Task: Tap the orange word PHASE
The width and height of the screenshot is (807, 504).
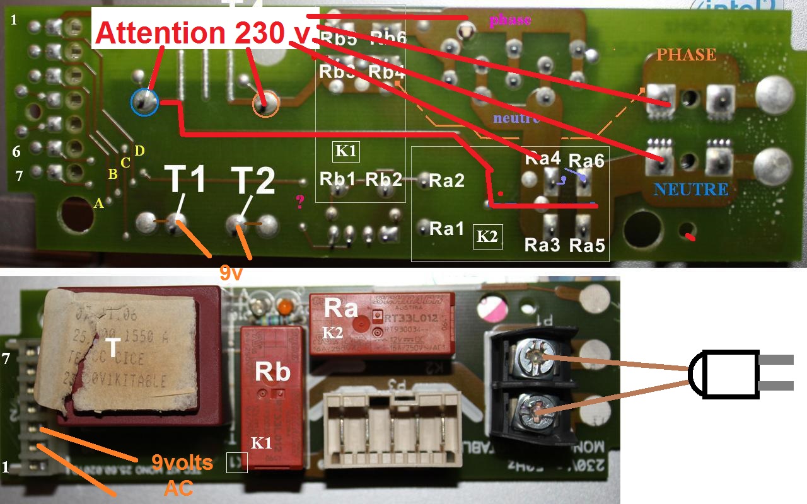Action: pyautogui.click(x=686, y=54)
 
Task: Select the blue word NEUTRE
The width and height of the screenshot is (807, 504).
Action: pyautogui.click(x=691, y=189)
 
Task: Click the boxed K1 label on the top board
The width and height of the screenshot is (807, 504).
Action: pyautogui.click(x=346, y=151)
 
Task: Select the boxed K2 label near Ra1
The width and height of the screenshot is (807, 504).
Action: pyautogui.click(x=488, y=237)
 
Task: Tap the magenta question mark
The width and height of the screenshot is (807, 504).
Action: pyautogui.click(x=300, y=202)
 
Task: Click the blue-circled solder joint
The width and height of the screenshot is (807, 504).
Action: pyautogui.click(x=145, y=101)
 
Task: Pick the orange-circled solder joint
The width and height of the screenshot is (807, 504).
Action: pyautogui.click(x=265, y=104)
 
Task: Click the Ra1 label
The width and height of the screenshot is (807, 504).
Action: pyautogui.click(x=446, y=229)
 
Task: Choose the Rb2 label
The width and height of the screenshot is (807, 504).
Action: pyautogui.click(x=384, y=179)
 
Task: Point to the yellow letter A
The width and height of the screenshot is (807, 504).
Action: pyautogui.click(x=98, y=203)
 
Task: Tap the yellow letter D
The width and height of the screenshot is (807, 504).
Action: pyautogui.click(x=139, y=150)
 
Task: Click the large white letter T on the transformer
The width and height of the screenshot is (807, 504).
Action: pyautogui.click(x=112, y=348)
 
